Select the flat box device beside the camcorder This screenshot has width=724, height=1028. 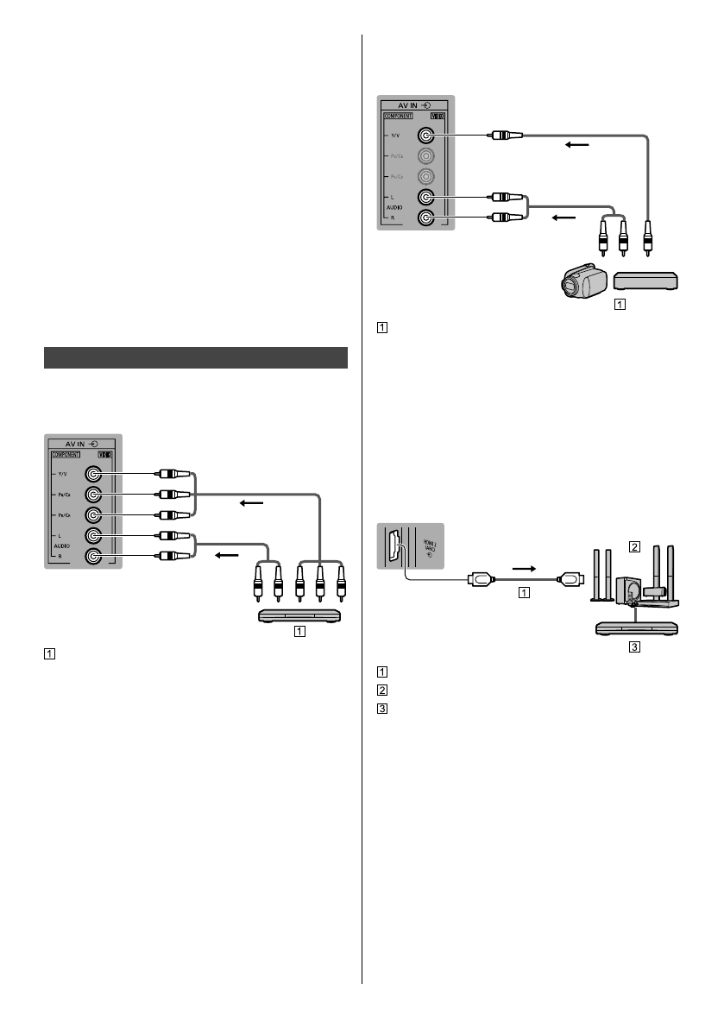[645, 281]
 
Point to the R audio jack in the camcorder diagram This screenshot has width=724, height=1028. [424, 218]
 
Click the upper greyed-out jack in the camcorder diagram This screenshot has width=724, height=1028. [424, 156]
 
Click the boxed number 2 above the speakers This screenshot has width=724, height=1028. [634, 546]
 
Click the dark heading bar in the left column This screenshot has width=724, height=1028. [195, 357]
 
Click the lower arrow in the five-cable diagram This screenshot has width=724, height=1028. [225, 556]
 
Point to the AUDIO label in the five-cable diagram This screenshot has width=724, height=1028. [61, 546]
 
